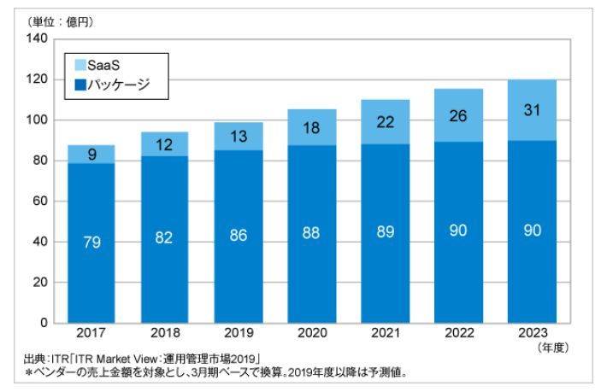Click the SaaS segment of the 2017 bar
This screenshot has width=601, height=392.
point(92,154)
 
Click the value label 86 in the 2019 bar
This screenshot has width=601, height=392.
point(239,236)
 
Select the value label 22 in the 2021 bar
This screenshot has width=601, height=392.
point(386,122)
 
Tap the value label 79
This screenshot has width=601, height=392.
point(92,243)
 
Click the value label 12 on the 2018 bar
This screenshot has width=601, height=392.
point(166,143)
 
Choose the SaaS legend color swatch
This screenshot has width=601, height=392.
point(80,65)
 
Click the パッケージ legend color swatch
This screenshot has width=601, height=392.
point(80,84)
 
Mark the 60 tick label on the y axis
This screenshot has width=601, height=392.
point(39,202)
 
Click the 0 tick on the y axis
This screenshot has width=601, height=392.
point(43,323)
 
